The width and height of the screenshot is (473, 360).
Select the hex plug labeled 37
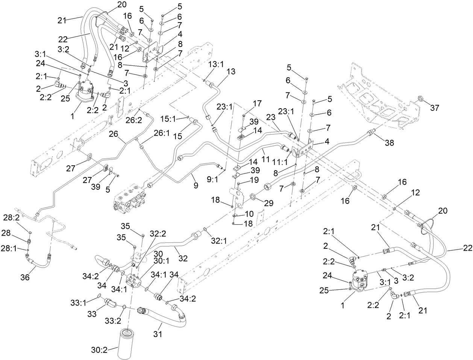click(x=421, y=99)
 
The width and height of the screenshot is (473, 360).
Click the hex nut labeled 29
click(x=253, y=197)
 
